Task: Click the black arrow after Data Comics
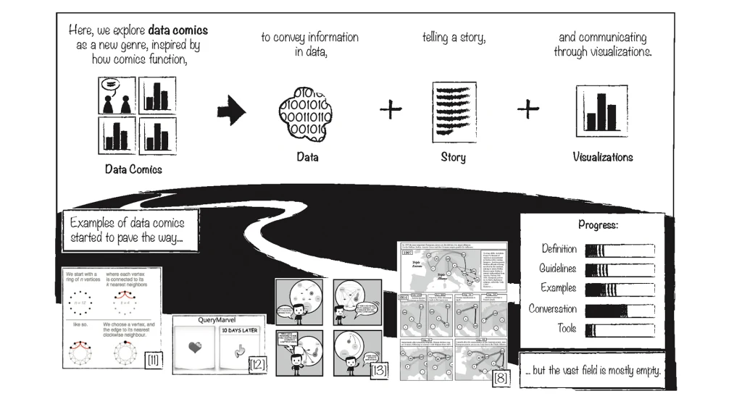click(x=232, y=111)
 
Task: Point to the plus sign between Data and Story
click(x=391, y=110)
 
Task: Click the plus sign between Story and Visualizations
click(x=528, y=109)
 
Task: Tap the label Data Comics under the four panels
click(x=133, y=169)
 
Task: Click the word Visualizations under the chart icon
click(x=602, y=157)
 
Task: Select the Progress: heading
click(x=598, y=225)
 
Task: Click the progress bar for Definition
click(x=620, y=250)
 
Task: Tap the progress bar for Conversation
click(x=620, y=311)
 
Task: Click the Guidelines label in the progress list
click(x=558, y=269)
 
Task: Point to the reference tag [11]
click(x=153, y=359)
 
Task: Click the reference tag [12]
click(x=257, y=364)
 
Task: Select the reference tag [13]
click(x=378, y=371)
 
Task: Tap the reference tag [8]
click(x=501, y=377)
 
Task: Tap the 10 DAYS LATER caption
click(x=239, y=332)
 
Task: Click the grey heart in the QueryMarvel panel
click(x=195, y=348)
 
